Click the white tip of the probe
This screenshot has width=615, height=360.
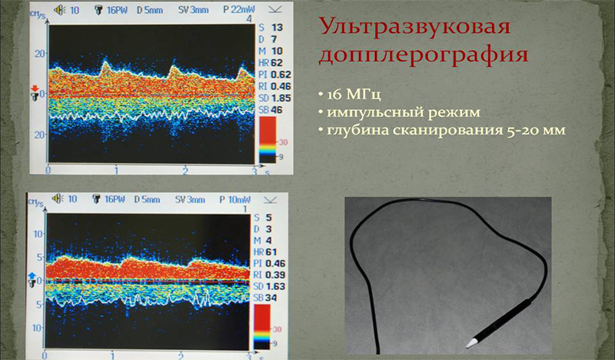click(x=472, y=338)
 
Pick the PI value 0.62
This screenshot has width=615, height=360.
click(x=279, y=75)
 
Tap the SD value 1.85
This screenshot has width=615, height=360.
click(x=279, y=99)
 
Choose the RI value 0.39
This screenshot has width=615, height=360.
click(x=279, y=275)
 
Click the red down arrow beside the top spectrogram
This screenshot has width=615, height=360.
click(x=34, y=91)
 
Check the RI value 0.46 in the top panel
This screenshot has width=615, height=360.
click(x=279, y=87)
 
